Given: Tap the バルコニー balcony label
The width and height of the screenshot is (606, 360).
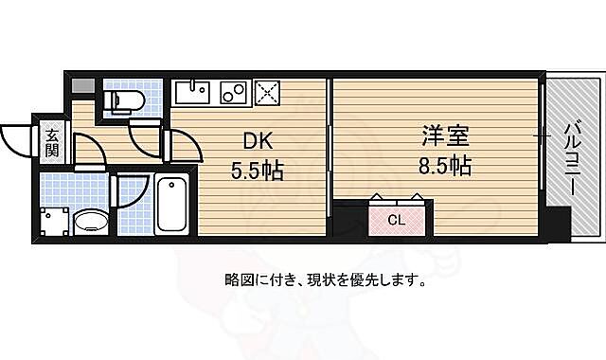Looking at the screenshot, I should coord(572,160).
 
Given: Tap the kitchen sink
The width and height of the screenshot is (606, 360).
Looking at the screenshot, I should coord(193,95).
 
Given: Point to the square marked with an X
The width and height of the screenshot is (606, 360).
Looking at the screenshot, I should coord(267,94).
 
